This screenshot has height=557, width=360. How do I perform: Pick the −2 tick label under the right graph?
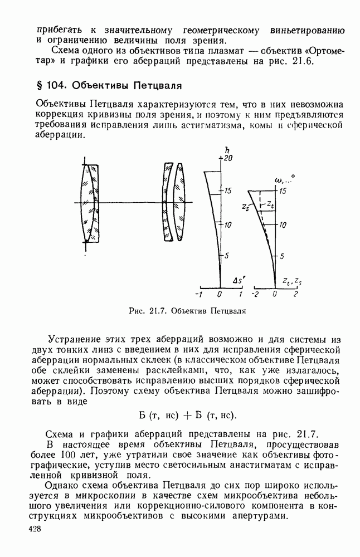coord(256,294)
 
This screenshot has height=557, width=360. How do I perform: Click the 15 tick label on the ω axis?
coord(283,191)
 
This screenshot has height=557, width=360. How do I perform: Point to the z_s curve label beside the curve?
coord(245,207)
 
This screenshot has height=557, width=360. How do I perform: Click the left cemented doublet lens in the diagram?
coord(89,203)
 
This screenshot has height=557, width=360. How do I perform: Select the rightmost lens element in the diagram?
coord(179,202)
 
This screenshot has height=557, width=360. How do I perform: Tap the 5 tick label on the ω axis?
coord(282,256)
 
